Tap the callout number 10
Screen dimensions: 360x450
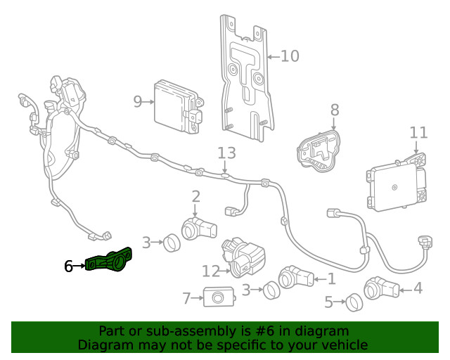coord(290,56)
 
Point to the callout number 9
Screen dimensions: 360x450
coord(138,101)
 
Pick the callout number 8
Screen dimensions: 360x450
coord(334,110)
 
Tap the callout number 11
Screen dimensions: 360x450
coord(418,132)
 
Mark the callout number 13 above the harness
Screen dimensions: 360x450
coord(226,153)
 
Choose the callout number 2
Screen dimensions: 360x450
coord(195,197)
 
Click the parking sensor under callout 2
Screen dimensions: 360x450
coord(198,228)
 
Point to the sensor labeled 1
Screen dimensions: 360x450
coord(296,278)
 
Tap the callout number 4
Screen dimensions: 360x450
coord(418,287)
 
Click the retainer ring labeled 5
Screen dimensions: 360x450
coord(354,303)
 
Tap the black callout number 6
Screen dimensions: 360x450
coord(68,266)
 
